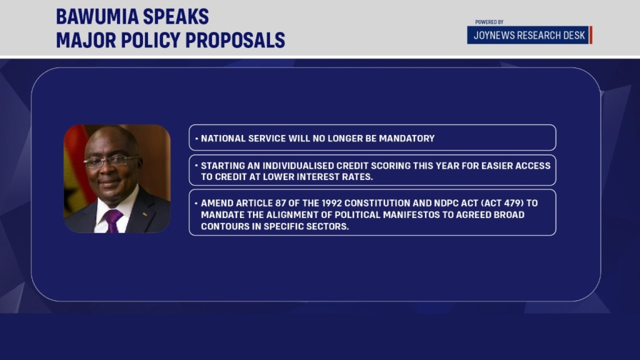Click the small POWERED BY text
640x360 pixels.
(489, 22)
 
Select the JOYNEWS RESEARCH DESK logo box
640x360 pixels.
(529, 35)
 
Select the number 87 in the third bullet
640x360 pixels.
(280, 203)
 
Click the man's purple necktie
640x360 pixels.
(112, 221)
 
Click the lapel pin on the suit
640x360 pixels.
(144, 214)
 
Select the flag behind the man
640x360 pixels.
(75, 171)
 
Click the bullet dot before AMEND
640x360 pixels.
(196, 202)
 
